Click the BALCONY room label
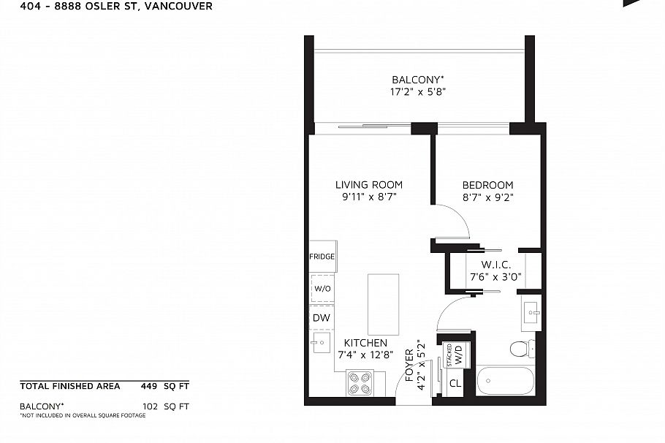(x=417, y=80)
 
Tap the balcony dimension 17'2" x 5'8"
(x=417, y=92)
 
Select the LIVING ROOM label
(x=368, y=185)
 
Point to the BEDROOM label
(x=487, y=186)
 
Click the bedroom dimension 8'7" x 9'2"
(x=487, y=197)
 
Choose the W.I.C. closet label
(x=495, y=264)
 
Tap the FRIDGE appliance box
(x=322, y=257)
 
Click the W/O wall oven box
(x=322, y=288)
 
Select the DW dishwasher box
(x=322, y=318)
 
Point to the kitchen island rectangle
(x=383, y=304)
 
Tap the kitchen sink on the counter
(x=321, y=341)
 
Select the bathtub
(x=505, y=380)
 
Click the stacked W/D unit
(x=455, y=356)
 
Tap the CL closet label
(x=455, y=383)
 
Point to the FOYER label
(x=409, y=372)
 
